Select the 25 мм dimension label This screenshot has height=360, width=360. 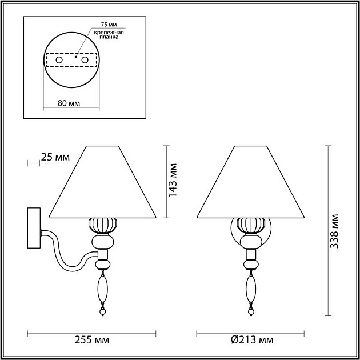click(55, 157)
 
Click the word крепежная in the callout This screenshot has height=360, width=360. click(110, 35)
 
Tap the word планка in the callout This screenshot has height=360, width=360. click(110, 41)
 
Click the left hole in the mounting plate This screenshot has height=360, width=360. click(58, 59)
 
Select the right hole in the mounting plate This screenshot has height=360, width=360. click(85, 59)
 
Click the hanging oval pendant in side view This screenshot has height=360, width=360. click(102, 289)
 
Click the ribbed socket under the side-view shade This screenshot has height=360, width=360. click(103, 225)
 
